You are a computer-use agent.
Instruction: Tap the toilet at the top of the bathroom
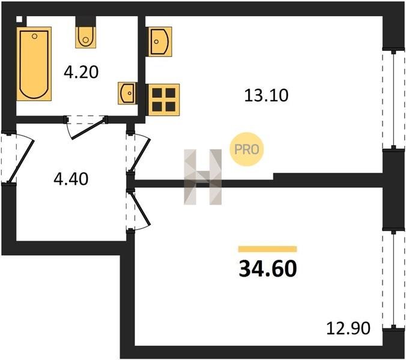(85, 36)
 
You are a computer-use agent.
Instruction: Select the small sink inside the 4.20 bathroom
(127, 94)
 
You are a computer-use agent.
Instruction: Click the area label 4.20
(81, 73)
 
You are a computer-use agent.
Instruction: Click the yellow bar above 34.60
(268, 248)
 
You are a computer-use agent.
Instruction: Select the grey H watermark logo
(202, 176)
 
